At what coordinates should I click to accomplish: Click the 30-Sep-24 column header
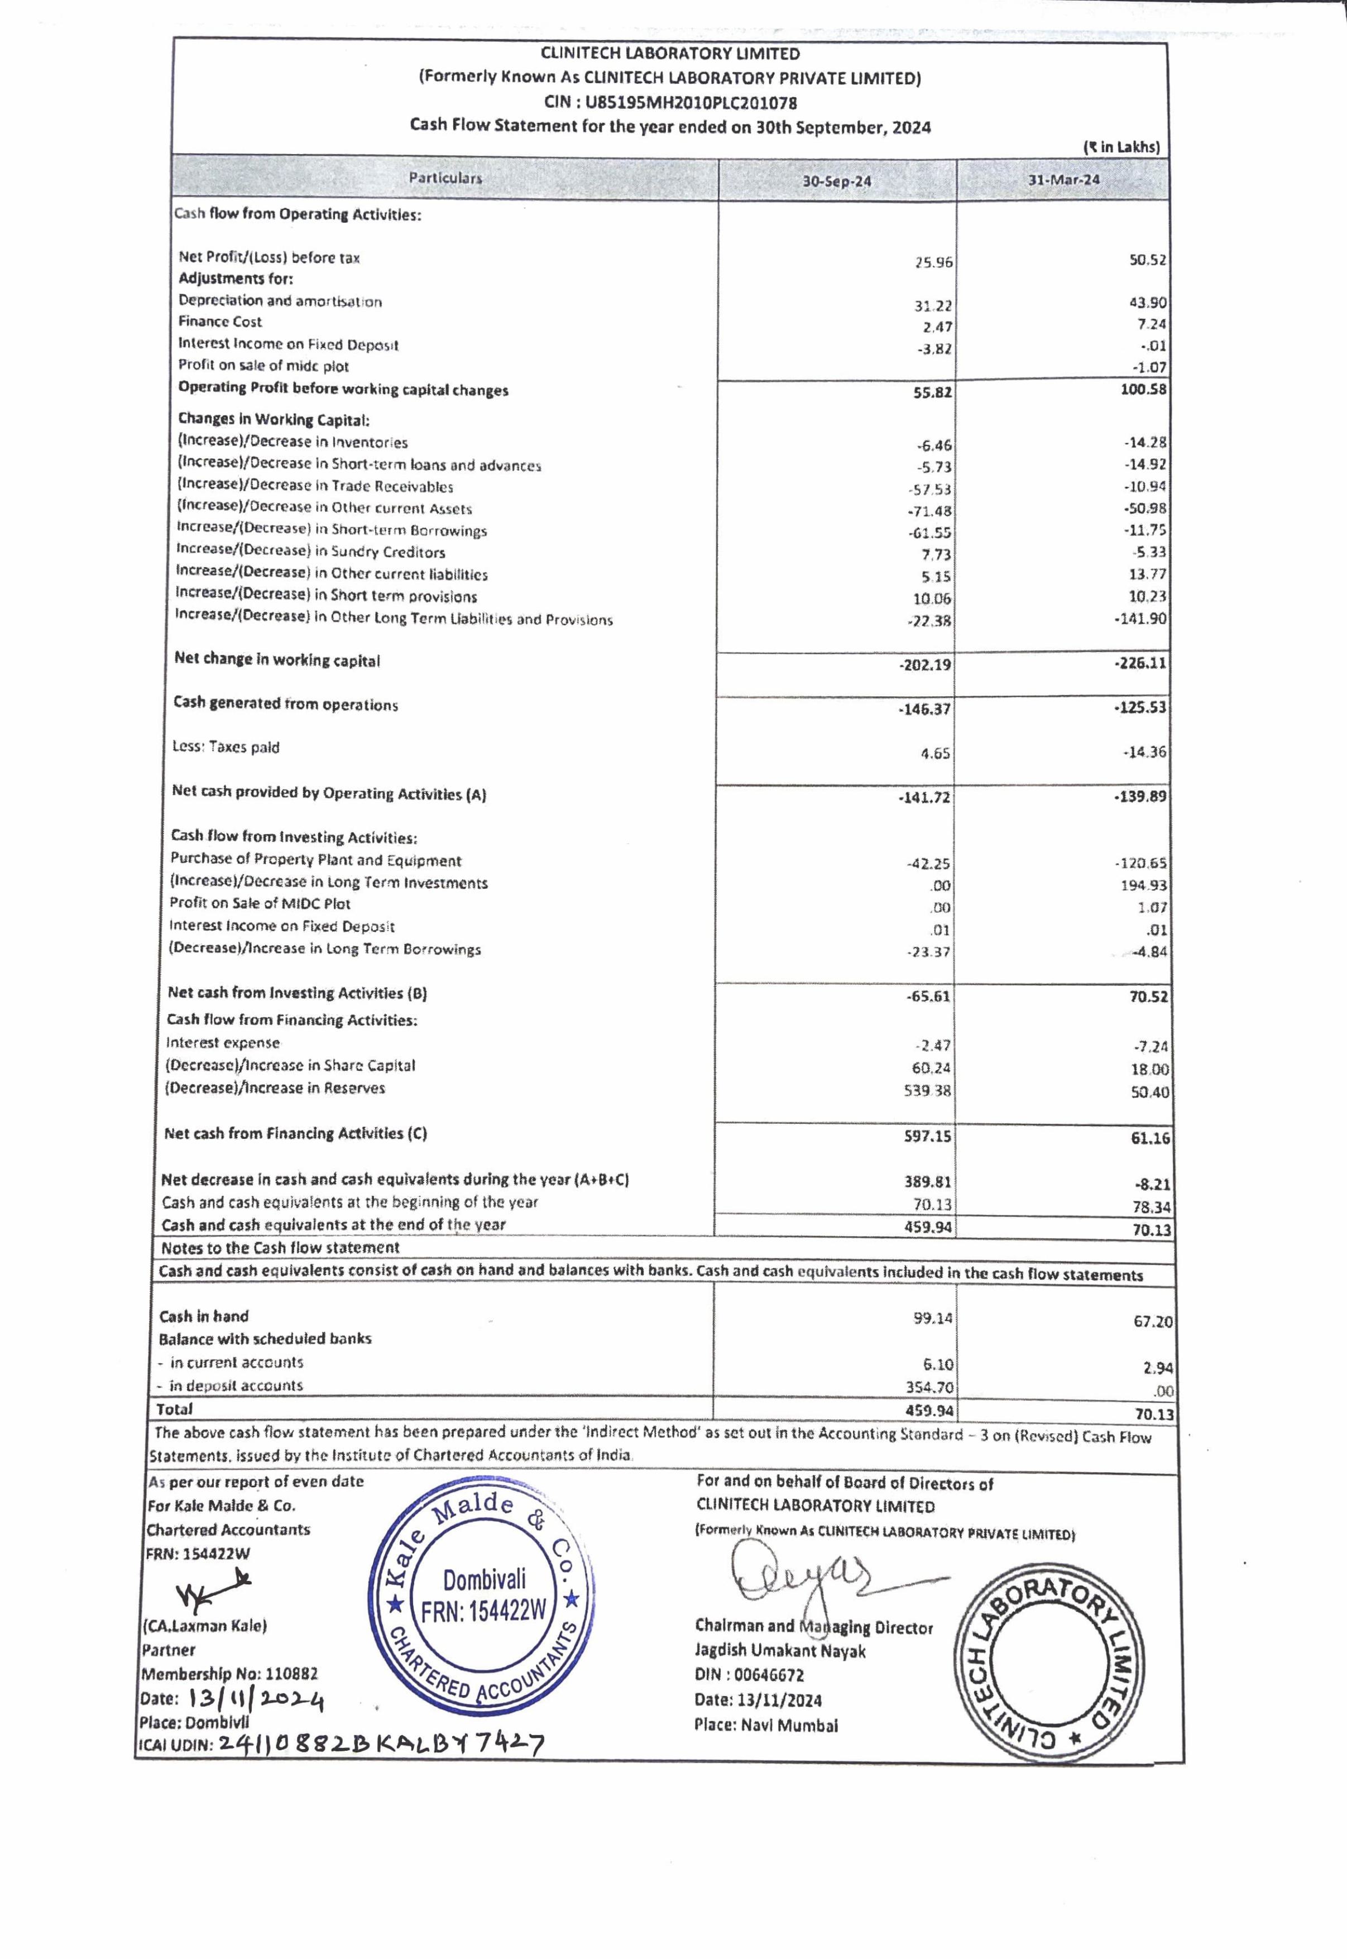coord(836,181)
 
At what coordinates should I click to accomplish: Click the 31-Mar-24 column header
coord(1063,180)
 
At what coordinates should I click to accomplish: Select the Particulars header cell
coord(445,178)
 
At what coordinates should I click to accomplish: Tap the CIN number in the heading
coord(670,103)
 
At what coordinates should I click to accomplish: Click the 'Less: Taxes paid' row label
coord(226,747)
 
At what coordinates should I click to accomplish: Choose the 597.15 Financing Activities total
coord(928,1136)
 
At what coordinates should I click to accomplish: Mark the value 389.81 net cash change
coord(928,1182)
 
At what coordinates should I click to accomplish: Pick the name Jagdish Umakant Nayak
coord(780,1651)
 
